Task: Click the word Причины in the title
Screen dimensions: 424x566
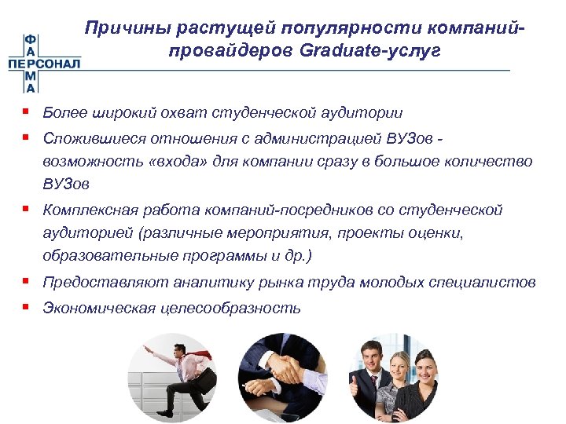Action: (x=129, y=29)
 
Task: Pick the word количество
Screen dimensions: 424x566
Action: (x=488, y=162)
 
